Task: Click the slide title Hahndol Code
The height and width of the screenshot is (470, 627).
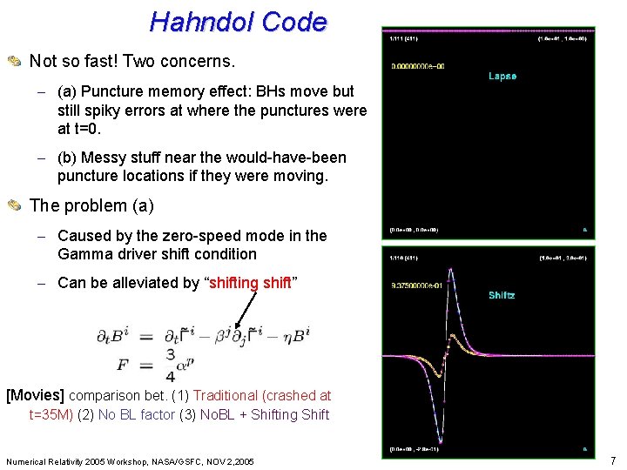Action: point(238,22)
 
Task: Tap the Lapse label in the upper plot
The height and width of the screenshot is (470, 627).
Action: point(502,77)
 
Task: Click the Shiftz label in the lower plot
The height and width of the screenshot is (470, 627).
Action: point(502,295)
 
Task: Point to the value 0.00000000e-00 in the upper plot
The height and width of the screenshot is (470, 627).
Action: point(418,66)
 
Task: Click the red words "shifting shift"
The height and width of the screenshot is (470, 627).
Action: point(256,283)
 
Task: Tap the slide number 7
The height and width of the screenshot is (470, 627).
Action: point(613,460)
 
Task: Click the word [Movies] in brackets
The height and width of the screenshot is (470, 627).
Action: point(36,395)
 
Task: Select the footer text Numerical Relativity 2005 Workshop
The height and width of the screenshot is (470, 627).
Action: point(87,460)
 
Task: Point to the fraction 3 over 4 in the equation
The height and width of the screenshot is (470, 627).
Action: point(170,366)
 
